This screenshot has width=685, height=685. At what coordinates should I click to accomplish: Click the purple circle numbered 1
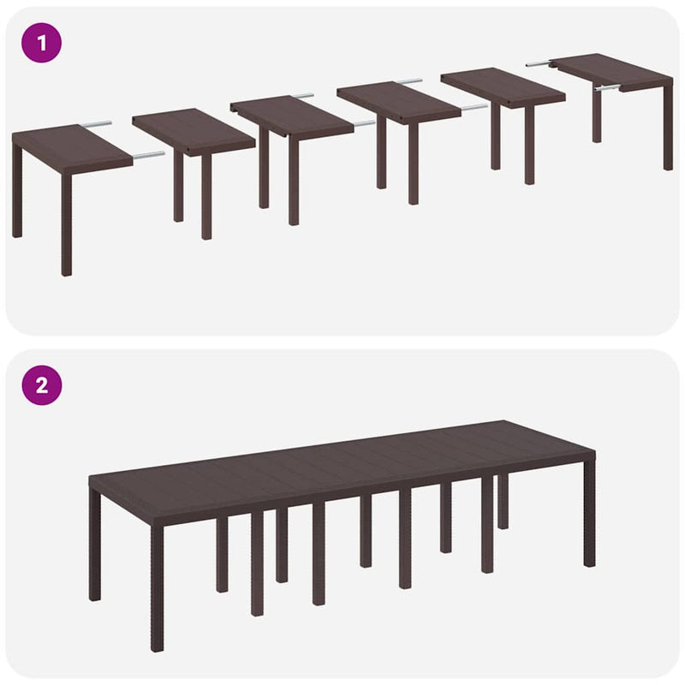42,42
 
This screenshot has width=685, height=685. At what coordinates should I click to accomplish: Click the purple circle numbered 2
42,384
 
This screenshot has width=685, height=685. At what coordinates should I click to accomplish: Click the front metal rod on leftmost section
148,156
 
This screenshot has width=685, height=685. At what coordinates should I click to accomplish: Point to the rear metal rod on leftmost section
96,124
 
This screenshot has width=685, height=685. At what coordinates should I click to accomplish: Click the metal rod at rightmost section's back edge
539,63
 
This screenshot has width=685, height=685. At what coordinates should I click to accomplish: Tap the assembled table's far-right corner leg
589,514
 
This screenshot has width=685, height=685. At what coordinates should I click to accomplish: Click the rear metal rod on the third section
302,95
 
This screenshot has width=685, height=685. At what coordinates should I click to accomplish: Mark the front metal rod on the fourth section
474,108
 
